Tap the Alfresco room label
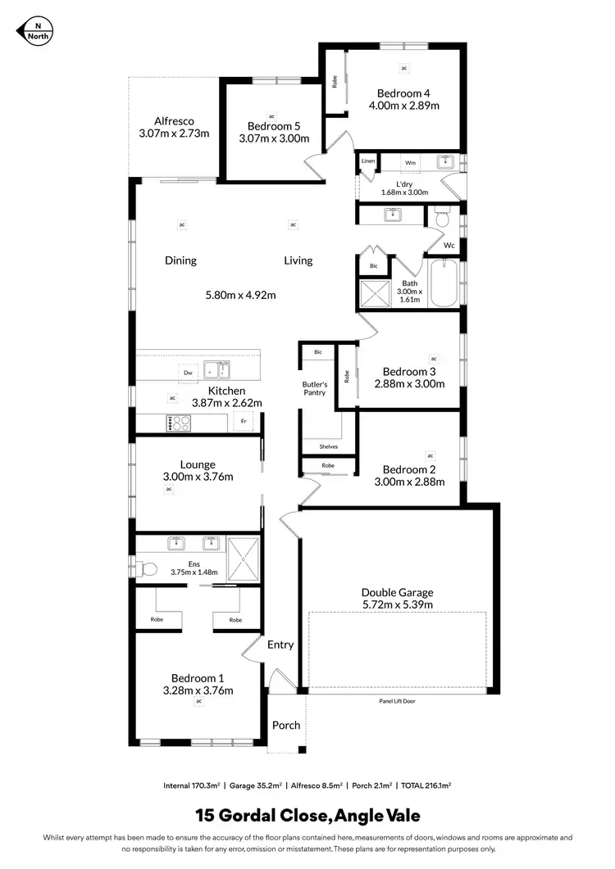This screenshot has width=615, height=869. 174,120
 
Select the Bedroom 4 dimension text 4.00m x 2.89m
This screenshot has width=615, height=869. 404,106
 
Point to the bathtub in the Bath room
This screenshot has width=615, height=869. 443,283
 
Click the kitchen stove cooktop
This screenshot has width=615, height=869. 179,423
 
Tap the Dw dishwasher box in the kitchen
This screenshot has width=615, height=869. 188,373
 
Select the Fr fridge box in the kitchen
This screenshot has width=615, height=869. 243,422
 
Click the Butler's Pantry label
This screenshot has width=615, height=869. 315,388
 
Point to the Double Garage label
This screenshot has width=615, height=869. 397,592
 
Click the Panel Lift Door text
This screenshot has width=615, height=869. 397,702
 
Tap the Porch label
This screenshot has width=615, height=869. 286,725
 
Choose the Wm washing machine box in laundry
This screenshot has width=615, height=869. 410,163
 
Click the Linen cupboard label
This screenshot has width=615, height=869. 368,161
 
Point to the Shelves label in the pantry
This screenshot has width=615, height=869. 328,446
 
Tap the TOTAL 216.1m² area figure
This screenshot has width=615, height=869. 426,785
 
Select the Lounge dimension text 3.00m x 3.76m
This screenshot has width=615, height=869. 198,477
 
